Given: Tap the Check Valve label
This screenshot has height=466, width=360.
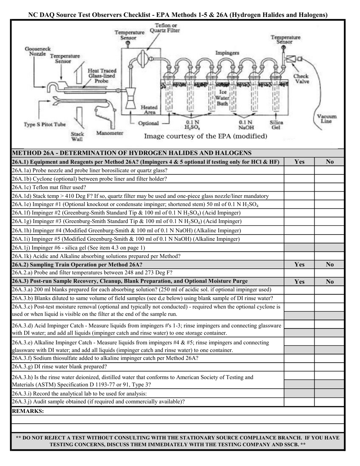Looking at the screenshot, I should (x=301, y=78).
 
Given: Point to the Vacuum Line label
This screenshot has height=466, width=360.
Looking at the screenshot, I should (x=326, y=119).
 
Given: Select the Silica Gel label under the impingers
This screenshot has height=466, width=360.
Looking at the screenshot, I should (x=276, y=125).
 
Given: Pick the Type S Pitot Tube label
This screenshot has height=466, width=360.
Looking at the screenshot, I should (x=45, y=124).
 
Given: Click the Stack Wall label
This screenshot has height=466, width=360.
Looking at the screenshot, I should (x=77, y=136).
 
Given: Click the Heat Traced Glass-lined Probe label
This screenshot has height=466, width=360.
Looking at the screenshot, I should (x=102, y=76).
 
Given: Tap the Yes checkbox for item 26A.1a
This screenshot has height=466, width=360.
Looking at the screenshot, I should (x=299, y=170).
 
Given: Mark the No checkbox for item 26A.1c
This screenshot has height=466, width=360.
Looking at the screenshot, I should (x=329, y=188).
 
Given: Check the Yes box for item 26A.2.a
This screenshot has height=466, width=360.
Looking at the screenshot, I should (x=299, y=273).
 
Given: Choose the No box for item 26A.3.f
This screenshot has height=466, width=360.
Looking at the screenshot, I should (x=329, y=358).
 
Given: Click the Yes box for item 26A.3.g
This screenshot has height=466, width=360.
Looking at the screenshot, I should (x=299, y=367).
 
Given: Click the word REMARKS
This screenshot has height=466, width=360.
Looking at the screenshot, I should (x=28, y=411).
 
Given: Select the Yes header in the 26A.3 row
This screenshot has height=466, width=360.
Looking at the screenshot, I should (x=299, y=281).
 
